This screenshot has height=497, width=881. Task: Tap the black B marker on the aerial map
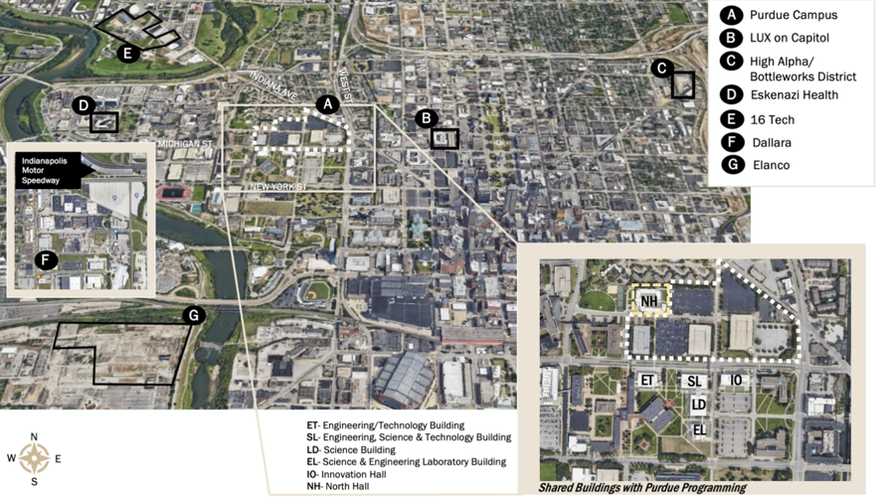427,118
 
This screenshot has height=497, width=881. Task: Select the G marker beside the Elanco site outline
195,316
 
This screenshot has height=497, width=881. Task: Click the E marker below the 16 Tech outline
127,54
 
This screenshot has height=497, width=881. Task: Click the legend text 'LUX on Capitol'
789,38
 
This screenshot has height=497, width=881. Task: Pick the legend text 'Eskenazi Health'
793,95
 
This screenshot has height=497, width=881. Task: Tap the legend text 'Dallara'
770,142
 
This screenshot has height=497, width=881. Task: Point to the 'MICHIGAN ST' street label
185,144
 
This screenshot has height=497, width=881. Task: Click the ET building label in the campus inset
646,380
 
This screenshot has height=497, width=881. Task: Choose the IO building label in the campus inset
737,380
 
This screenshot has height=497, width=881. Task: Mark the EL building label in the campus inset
699,429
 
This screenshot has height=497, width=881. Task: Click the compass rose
35,458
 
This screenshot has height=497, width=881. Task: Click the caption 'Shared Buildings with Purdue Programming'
641,488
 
